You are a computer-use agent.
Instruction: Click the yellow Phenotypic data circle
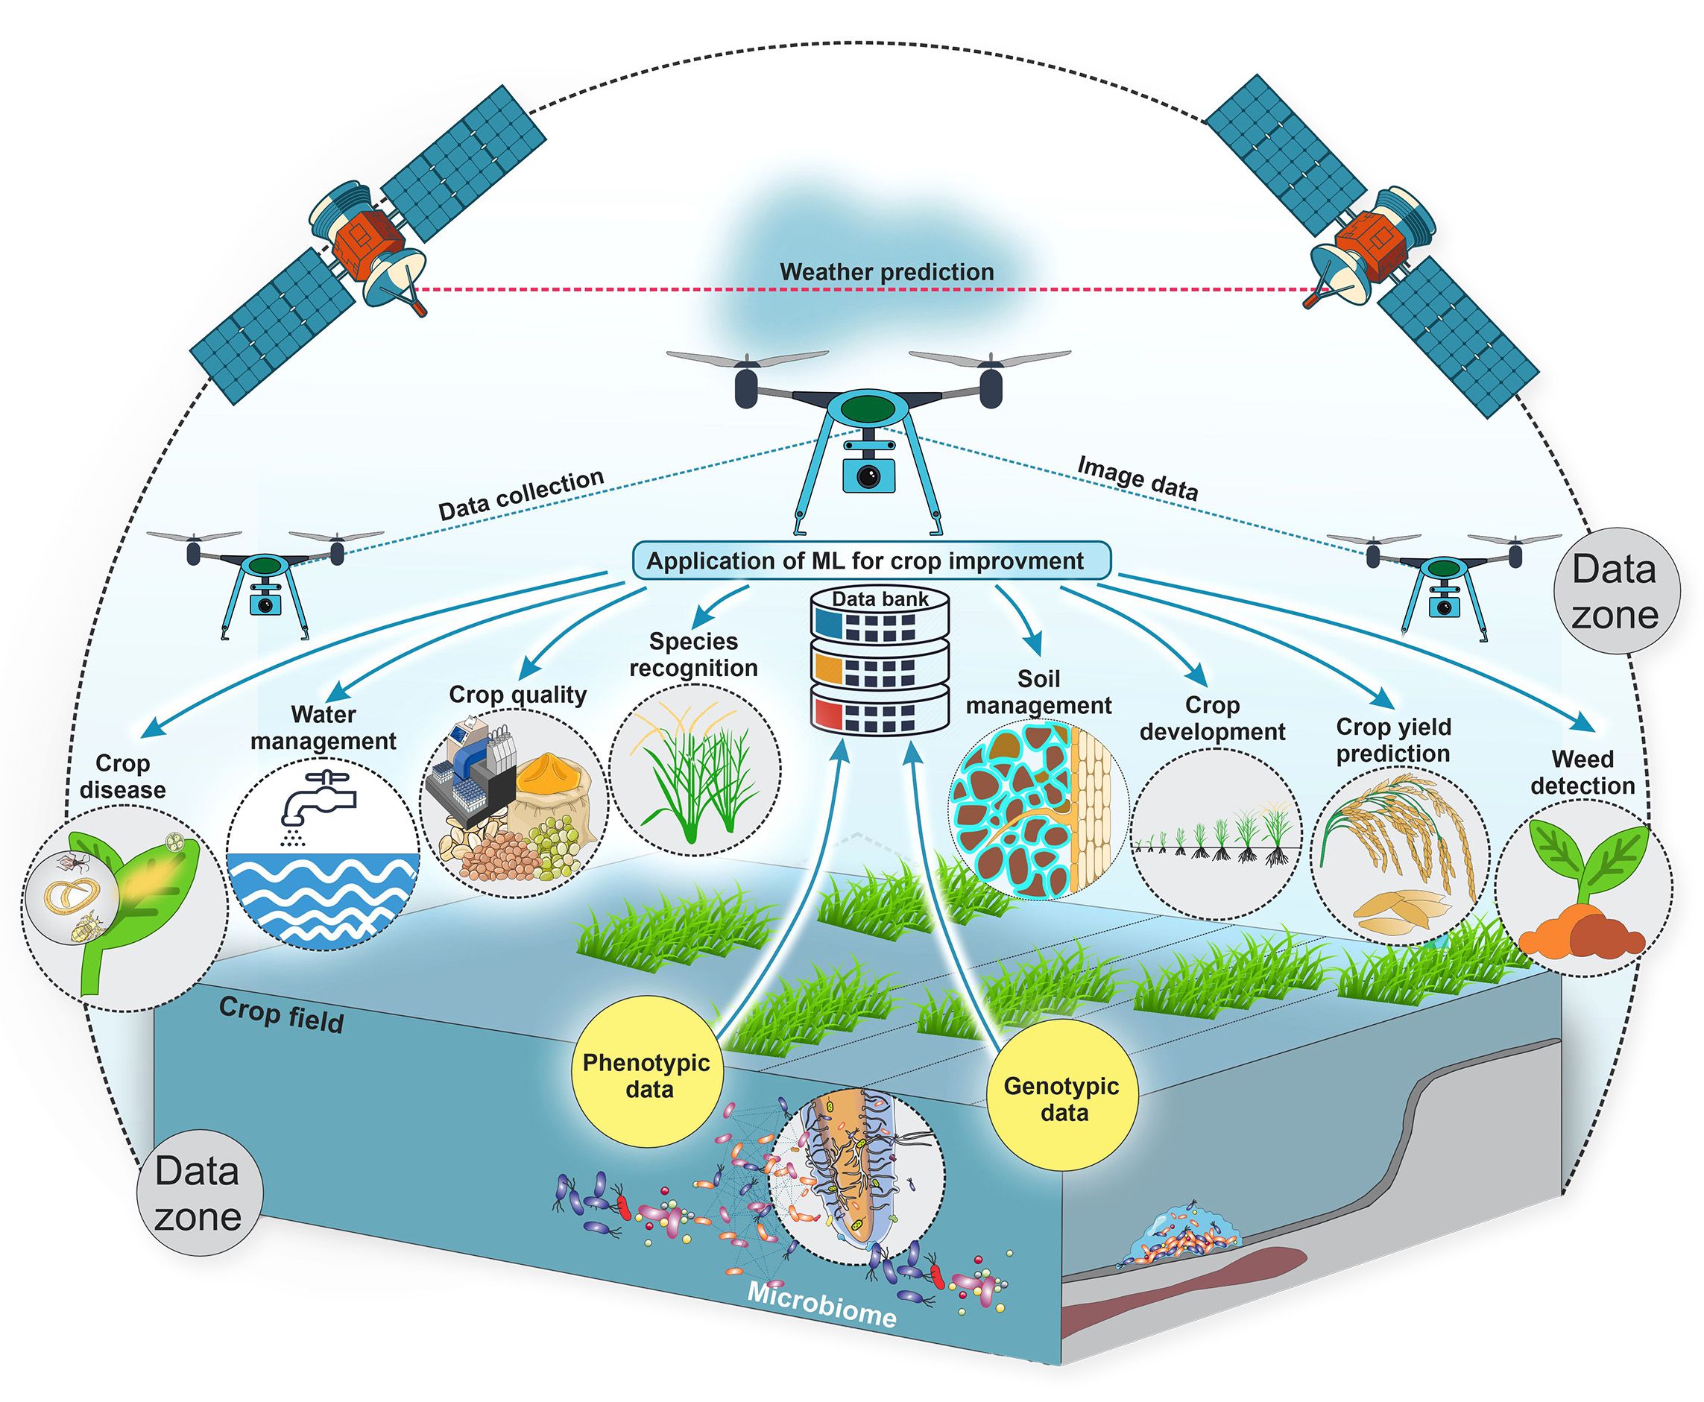click(x=647, y=1075)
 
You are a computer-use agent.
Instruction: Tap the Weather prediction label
click(x=886, y=271)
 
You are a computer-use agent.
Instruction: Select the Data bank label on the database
click(x=880, y=599)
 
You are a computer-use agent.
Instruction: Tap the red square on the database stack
click(x=827, y=715)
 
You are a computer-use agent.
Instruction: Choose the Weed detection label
click(x=1582, y=772)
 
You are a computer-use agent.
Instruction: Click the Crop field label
click(x=281, y=1015)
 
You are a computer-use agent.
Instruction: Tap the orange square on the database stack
click(x=827, y=669)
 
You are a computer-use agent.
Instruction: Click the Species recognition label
click(x=694, y=654)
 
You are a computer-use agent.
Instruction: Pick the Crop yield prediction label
click(x=1393, y=740)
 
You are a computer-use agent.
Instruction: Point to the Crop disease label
click(x=123, y=775)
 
